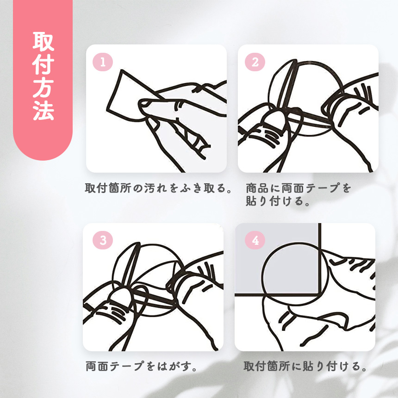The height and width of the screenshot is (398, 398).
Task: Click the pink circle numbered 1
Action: click(x=103, y=62)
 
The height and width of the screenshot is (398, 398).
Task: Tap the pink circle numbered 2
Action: click(x=255, y=62)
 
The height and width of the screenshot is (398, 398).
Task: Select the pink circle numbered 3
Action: click(x=103, y=240)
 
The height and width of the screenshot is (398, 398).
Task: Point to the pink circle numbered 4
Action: click(x=255, y=240)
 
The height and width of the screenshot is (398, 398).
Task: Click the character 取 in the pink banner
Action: click(x=43, y=42)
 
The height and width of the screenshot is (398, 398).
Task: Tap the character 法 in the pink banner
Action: click(x=43, y=111)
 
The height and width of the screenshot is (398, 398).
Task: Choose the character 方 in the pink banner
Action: click(x=43, y=87)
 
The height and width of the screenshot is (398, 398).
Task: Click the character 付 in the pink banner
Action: click(x=43, y=64)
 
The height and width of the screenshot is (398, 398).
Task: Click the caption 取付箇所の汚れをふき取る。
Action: click(x=158, y=188)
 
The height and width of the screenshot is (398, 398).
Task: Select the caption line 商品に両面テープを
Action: click(x=298, y=188)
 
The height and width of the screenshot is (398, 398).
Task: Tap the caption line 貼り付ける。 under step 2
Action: click(x=278, y=201)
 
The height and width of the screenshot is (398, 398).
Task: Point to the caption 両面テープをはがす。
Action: click(x=141, y=366)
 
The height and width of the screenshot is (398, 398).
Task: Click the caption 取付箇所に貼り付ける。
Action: click(x=305, y=366)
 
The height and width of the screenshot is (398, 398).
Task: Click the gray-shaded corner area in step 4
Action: click(x=277, y=259)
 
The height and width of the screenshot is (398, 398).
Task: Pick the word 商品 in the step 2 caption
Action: click(x=258, y=188)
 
